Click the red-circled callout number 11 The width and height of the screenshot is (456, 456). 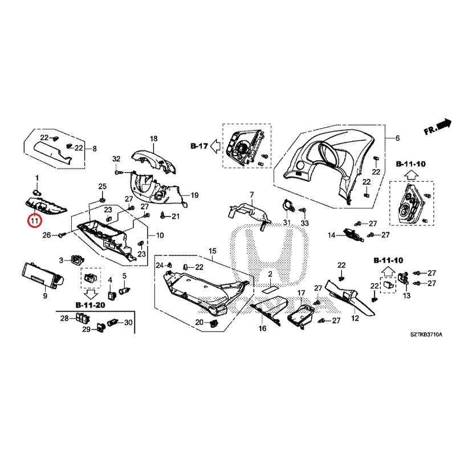pyautogui.click(x=35, y=219)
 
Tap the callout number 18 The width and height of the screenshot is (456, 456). pyautogui.click(x=153, y=139)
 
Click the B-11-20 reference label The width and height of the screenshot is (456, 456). pyautogui.click(x=90, y=305)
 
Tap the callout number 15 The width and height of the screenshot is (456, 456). pyautogui.click(x=213, y=251)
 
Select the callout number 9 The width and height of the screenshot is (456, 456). pyautogui.click(x=45, y=296)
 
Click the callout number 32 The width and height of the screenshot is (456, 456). pyautogui.click(x=116, y=158)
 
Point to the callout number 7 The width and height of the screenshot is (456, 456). pyautogui.click(x=251, y=195)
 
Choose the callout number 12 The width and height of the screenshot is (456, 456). pyautogui.click(x=355, y=318)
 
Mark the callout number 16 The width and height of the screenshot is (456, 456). pyautogui.click(x=263, y=329)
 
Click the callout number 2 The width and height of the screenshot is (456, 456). pyautogui.click(x=271, y=274)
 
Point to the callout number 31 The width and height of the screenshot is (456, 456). pyautogui.click(x=287, y=222)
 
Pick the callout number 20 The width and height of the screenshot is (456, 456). pyautogui.click(x=199, y=323)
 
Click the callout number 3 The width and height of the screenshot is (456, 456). pyautogui.click(x=61, y=260)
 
